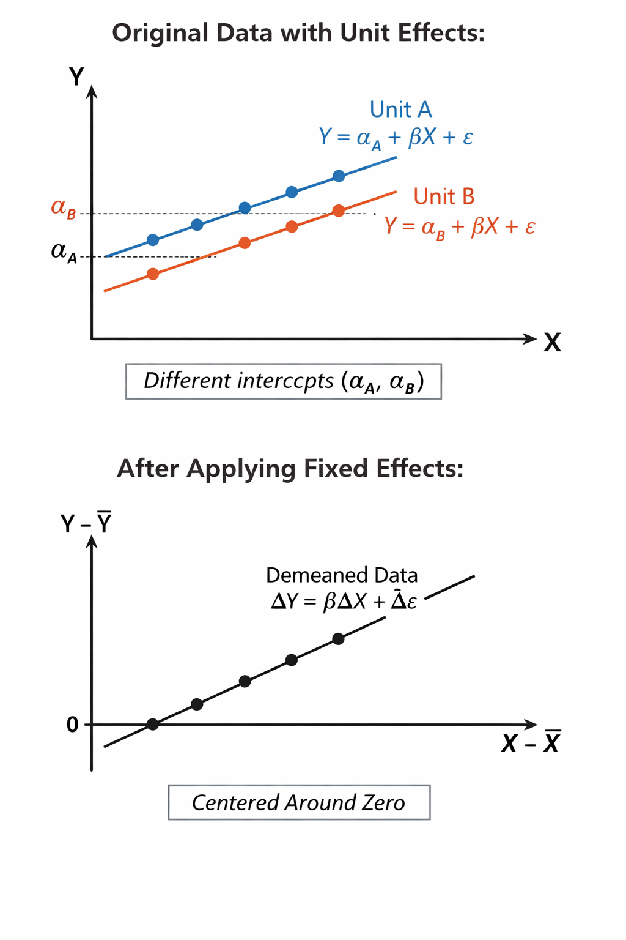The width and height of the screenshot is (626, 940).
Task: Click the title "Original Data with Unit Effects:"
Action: [298, 32]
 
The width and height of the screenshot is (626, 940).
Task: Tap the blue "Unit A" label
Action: [400, 110]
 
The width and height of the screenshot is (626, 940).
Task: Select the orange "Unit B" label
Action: [444, 196]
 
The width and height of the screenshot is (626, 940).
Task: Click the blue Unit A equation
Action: [396, 137]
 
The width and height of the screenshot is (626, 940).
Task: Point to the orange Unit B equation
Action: [460, 227]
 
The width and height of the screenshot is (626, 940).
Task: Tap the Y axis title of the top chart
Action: [76, 77]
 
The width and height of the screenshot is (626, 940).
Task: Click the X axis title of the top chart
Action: [552, 342]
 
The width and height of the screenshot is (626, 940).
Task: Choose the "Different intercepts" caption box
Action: [284, 381]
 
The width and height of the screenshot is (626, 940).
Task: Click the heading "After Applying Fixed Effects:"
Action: [290, 469]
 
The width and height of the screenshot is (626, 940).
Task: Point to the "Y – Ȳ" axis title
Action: [86, 524]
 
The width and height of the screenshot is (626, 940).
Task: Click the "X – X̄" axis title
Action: [531, 743]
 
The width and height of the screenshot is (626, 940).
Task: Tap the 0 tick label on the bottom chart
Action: [73, 725]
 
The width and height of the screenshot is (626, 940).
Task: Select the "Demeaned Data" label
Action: [342, 575]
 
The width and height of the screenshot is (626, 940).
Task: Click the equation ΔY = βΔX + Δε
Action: [344, 601]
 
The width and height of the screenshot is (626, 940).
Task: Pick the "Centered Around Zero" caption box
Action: [299, 802]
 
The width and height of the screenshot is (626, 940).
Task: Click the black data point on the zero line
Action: [153, 725]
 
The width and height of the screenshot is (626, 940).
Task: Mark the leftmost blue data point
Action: [153, 240]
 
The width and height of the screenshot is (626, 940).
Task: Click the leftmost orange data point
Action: [153, 274]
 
